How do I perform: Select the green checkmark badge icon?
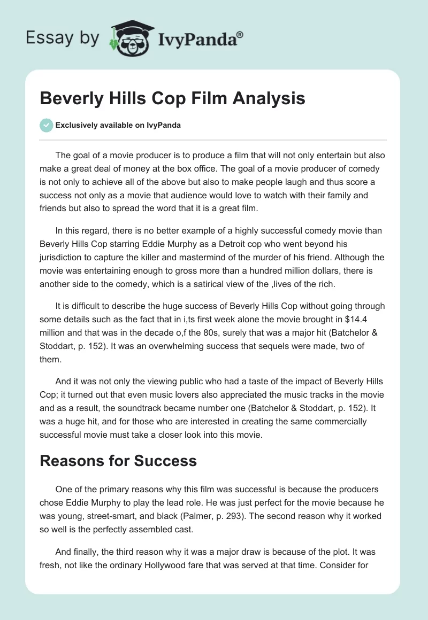(x=46, y=125)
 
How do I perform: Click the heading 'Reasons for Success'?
(x=118, y=460)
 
